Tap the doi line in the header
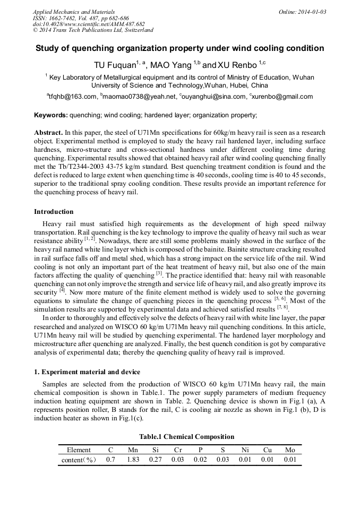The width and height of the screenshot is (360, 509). (89, 24)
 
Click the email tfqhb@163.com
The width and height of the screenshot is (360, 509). (72, 97)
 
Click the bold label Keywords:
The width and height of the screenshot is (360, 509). (51, 115)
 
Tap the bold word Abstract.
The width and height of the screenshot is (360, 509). (48, 132)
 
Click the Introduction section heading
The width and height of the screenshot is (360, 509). (54, 211)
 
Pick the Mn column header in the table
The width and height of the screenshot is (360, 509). (133, 450)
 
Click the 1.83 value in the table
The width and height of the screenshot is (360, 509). (133, 460)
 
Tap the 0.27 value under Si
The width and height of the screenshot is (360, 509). (155, 460)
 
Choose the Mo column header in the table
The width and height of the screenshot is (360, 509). (289, 450)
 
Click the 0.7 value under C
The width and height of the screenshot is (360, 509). (110, 460)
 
